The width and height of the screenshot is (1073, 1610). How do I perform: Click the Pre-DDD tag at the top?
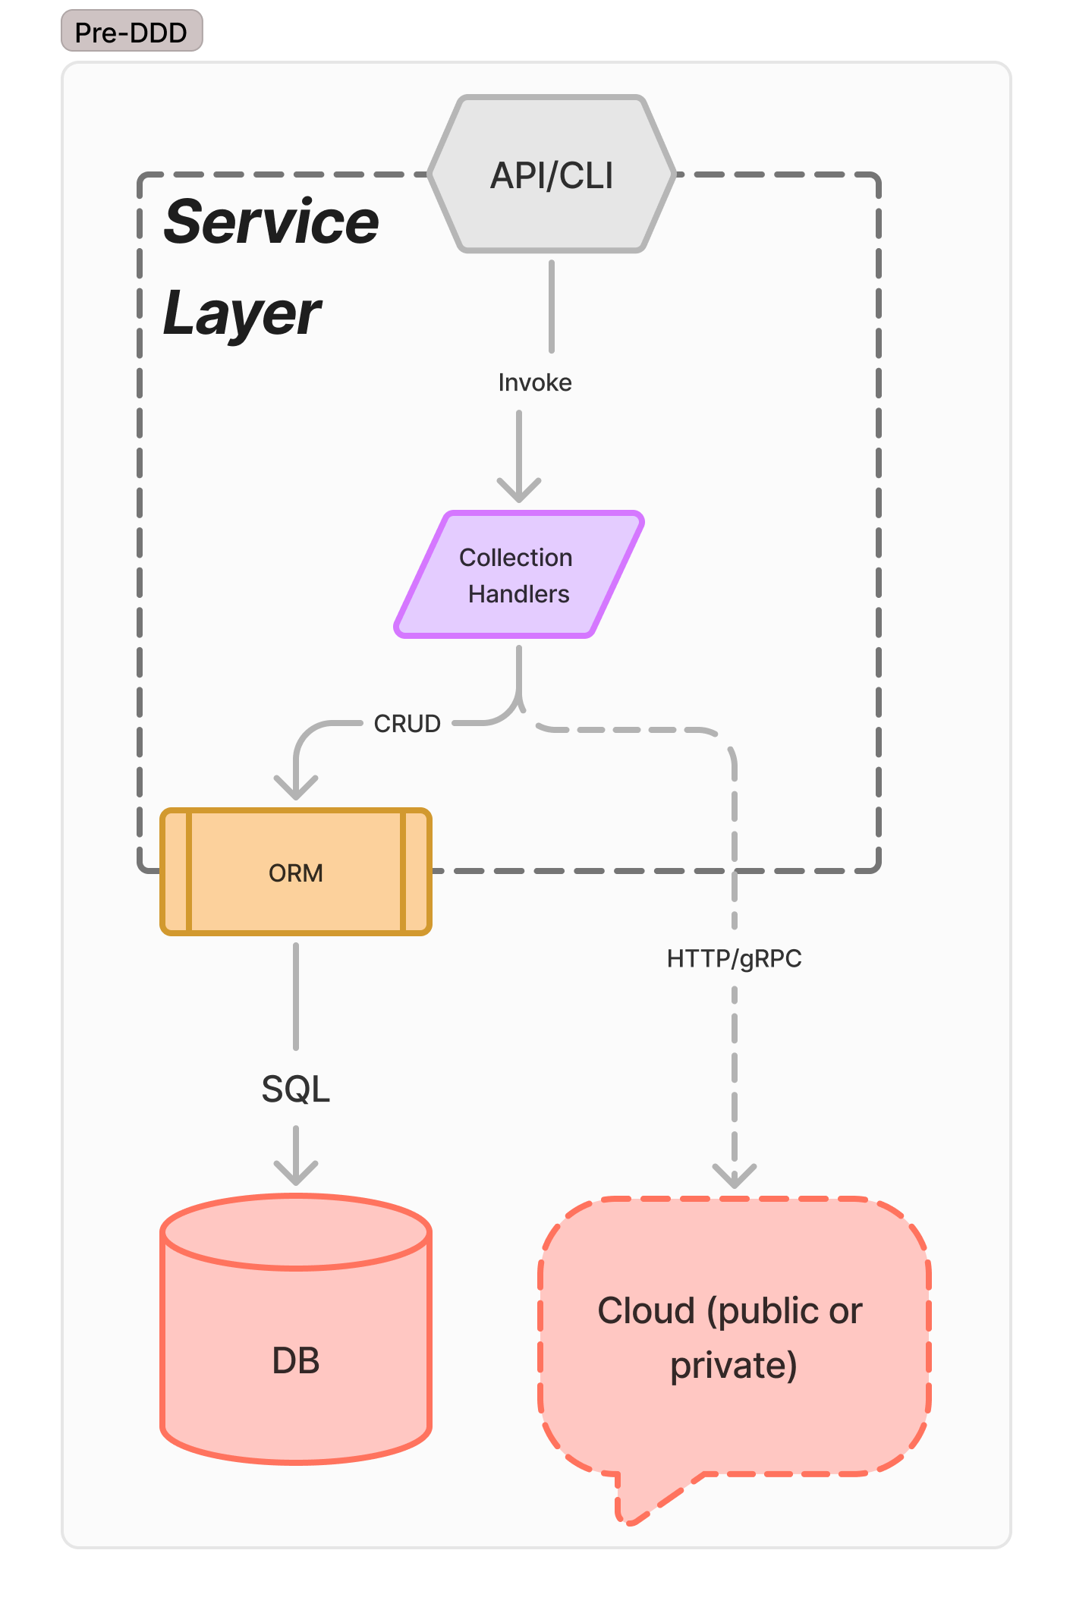click(x=131, y=32)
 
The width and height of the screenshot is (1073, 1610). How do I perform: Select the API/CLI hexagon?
click(x=552, y=175)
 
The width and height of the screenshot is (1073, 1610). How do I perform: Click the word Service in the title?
click(x=271, y=222)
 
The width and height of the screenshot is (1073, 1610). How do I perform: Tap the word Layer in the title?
click(x=242, y=313)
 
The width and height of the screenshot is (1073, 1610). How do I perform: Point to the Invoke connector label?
click(x=534, y=382)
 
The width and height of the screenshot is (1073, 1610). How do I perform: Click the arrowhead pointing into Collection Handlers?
click(x=519, y=490)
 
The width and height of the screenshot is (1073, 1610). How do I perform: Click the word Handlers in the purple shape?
click(x=518, y=594)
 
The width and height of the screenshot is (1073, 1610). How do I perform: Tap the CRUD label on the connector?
click(x=407, y=724)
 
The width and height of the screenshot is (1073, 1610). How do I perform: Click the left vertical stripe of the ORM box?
click(x=176, y=872)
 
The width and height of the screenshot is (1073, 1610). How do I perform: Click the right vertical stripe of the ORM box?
click(x=416, y=872)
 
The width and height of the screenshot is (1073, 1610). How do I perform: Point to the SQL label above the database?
click(x=296, y=1090)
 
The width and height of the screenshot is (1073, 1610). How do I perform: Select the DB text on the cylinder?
click(x=296, y=1361)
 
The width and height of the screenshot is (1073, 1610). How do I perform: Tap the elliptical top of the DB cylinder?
click(x=296, y=1231)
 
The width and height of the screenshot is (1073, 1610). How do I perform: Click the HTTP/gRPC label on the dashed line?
click(x=734, y=959)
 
